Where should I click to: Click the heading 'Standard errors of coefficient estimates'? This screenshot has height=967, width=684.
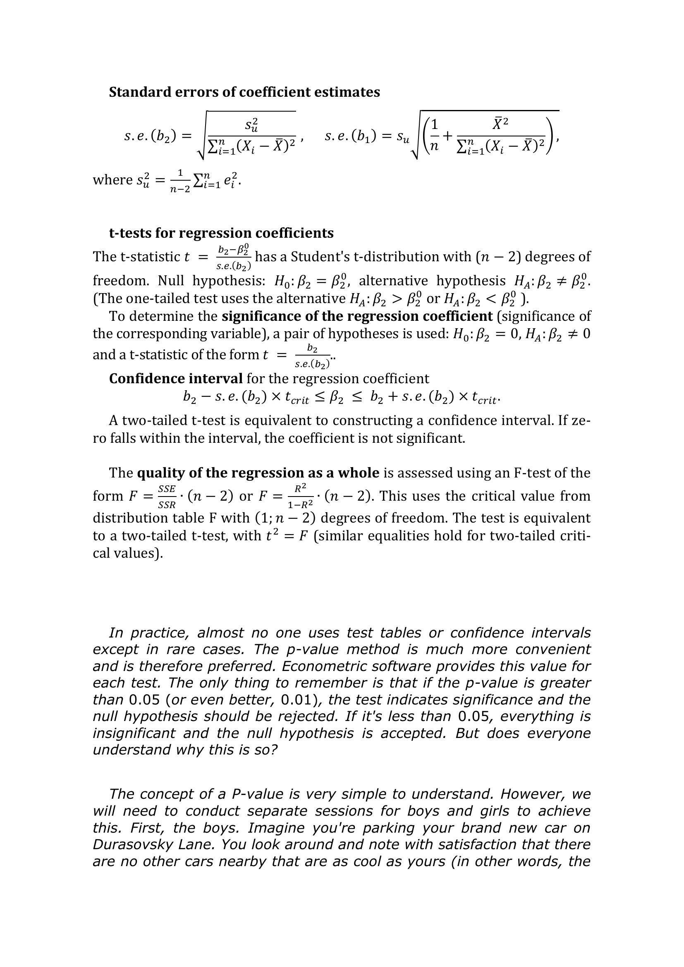point(244,92)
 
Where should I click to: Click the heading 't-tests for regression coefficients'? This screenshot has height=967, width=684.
point(221,233)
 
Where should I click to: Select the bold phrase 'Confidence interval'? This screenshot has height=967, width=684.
point(176,379)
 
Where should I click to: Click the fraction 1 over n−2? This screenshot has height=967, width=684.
point(180,181)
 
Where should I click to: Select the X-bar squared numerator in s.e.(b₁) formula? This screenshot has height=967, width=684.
point(500,122)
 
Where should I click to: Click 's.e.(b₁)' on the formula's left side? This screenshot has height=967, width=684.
point(351,136)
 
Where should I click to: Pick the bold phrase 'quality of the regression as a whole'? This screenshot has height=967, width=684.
point(258,473)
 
